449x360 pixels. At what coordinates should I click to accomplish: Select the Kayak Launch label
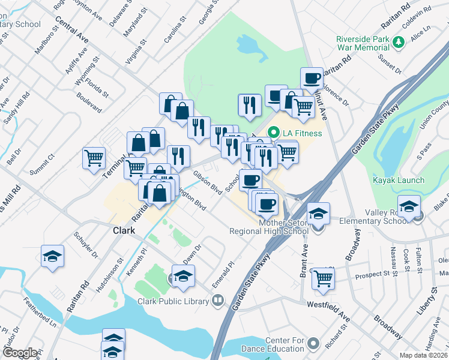399,180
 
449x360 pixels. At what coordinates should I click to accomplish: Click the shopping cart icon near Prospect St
323,278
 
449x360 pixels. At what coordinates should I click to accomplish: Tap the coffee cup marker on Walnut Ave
312,78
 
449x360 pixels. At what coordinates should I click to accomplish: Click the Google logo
19,353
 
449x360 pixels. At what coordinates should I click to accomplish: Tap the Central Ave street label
71,29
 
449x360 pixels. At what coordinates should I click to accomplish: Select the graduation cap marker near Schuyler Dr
52,256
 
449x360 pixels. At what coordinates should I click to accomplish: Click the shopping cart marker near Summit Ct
94,159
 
